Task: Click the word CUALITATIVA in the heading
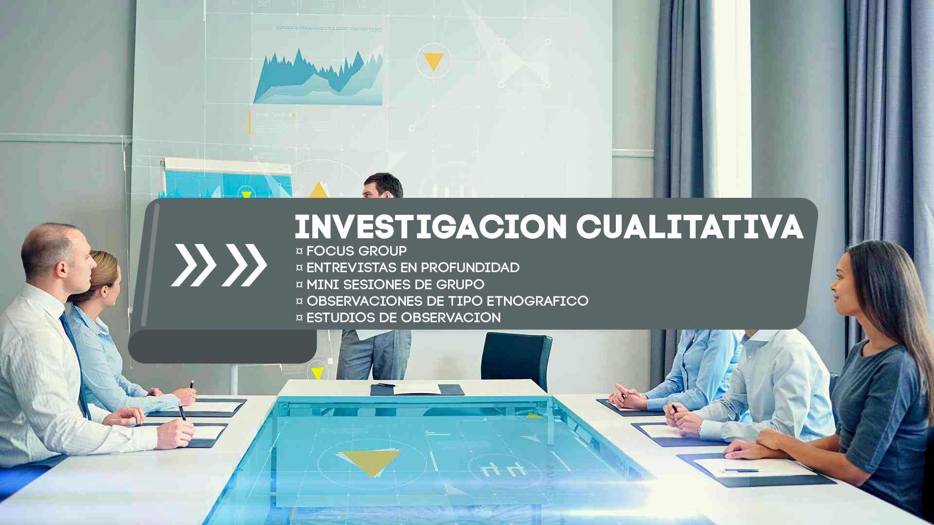(690, 227)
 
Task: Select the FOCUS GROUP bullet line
(351, 251)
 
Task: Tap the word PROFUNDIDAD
(470, 268)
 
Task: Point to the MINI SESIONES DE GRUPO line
(390, 284)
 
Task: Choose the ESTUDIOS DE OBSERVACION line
(398, 317)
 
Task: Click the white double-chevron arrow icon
(219, 265)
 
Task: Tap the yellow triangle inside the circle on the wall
(433, 61)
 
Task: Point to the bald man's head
(56, 253)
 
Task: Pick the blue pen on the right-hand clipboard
(739, 471)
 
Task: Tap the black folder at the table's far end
(417, 389)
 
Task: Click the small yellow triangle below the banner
(317, 373)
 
